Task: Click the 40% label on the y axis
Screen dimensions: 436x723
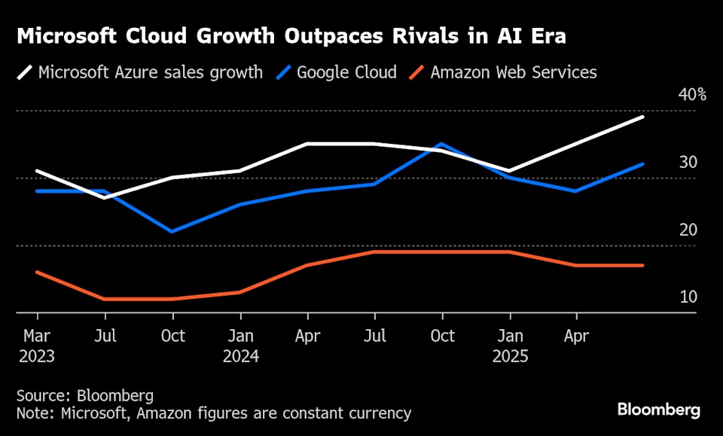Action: (691, 95)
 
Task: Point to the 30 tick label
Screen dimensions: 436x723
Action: (688, 163)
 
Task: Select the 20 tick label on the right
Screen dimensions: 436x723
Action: (688, 230)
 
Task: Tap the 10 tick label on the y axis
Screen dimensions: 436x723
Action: (688, 297)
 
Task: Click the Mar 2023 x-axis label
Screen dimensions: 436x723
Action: (37, 346)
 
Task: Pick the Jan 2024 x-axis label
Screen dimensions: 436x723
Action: (240, 346)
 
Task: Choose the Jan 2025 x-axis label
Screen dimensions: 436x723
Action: (510, 346)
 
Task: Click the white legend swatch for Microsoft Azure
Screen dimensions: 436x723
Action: (25, 73)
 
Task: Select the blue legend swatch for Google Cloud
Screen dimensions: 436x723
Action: (283, 73)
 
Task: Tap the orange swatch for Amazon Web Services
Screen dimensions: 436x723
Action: (416, 73)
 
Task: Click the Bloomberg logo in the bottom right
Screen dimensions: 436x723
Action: (659, 410)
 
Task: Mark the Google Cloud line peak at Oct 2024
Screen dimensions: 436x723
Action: (442, 143)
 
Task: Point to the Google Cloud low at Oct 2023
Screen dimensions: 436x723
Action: (172, 231)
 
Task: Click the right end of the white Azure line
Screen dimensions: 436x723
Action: (643, 117)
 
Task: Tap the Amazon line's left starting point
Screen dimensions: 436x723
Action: (37, 272)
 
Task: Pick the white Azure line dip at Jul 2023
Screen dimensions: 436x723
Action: (105, 198)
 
